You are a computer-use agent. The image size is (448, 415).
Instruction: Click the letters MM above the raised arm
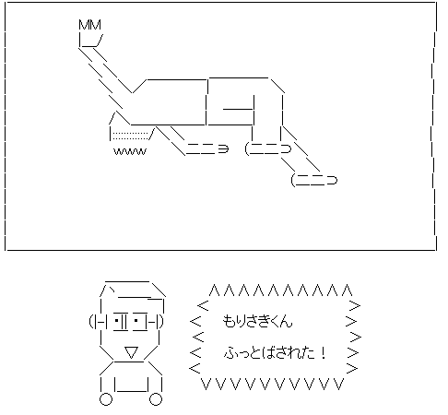[89, 25]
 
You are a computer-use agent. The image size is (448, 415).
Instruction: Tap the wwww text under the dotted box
[130, 151]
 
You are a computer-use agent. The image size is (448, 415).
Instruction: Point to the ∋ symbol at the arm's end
[224, 149]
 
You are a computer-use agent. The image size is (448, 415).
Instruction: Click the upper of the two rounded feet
[268, 148]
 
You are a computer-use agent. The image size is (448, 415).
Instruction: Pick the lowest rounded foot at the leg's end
[314, 180]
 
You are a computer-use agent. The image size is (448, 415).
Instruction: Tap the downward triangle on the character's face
[131, 352]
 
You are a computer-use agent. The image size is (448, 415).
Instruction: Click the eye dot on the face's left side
[117, 321]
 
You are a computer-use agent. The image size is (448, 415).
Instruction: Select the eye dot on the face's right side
[136, 321]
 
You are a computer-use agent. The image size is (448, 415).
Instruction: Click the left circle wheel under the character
[106, 399]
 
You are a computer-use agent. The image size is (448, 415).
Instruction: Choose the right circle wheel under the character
[156, 399]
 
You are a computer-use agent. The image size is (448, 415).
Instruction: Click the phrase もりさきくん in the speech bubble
[257, 321]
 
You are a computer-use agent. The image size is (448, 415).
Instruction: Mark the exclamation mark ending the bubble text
[323, 352]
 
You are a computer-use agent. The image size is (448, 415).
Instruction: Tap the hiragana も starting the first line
[228, 321]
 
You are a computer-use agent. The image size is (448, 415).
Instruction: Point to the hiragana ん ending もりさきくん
[286, 322]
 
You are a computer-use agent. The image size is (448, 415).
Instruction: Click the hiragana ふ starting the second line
[230, 353]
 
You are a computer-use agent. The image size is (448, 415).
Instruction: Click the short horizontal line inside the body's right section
[238, 109]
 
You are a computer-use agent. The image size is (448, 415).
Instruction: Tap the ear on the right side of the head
[159, 321]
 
